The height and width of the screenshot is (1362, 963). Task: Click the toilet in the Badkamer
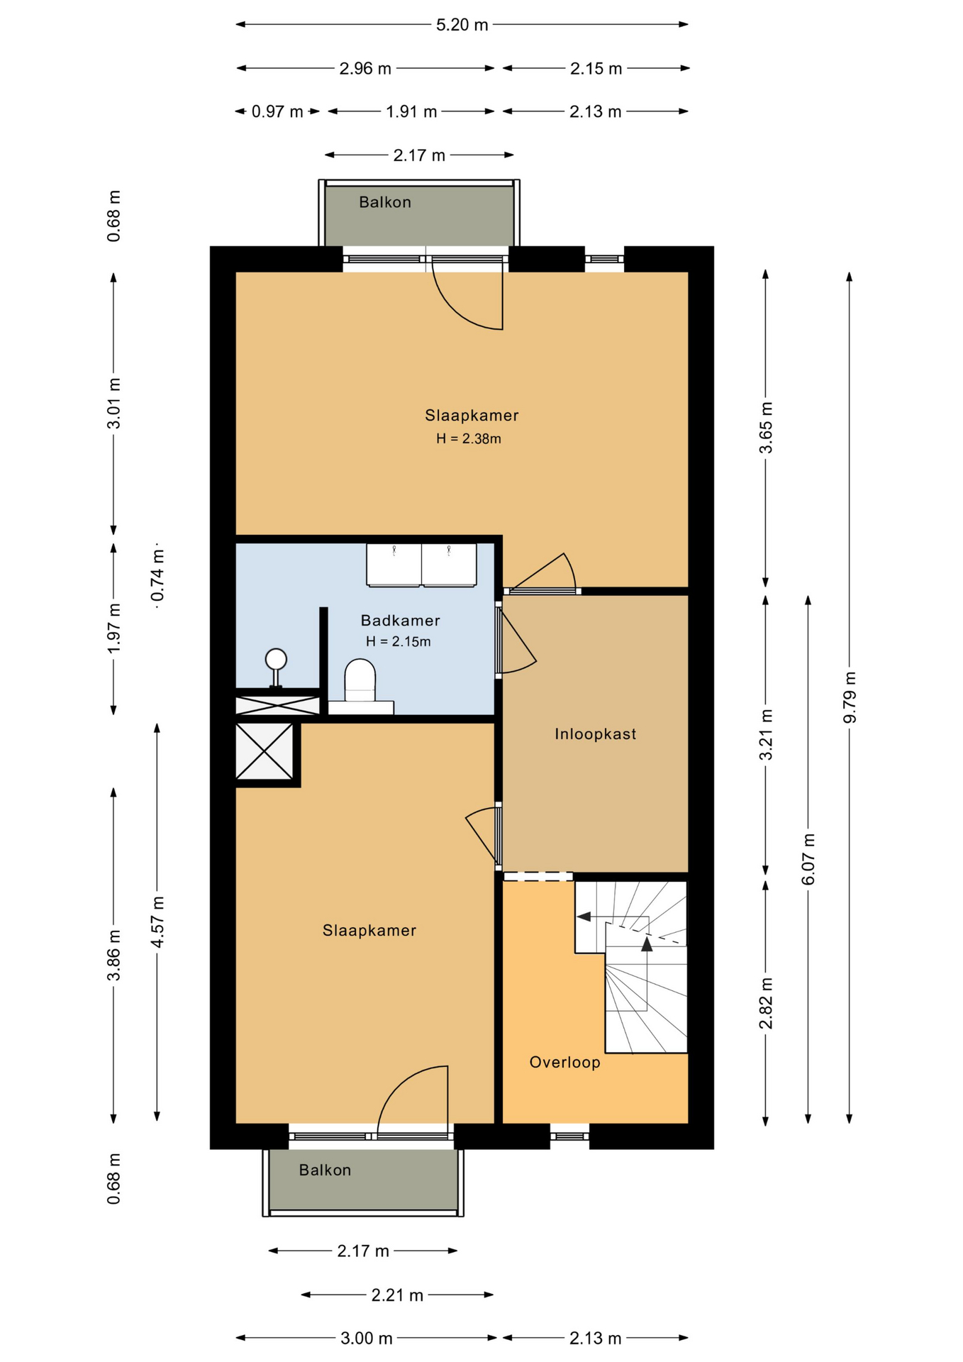(360, 682)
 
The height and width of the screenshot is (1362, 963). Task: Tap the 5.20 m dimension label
(462, 25)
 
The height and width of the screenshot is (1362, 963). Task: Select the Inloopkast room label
(595, 734)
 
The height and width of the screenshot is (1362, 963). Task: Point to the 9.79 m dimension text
(850, 697)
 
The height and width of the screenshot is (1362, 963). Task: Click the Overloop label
(564, 1062)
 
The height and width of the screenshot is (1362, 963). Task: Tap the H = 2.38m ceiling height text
(468, 438)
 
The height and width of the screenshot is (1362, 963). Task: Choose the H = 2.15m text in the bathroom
(398, 641)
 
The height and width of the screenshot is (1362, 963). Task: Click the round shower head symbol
(276, 660)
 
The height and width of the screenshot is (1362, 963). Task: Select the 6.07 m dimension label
(808, 860)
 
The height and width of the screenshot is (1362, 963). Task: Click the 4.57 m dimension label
(157, 921)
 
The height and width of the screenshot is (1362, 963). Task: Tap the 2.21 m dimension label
(397, 1295)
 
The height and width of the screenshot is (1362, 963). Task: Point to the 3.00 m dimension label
(366, 1339)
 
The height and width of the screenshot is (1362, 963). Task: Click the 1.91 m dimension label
(411, 111)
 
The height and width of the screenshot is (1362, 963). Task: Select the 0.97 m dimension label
(277, 111)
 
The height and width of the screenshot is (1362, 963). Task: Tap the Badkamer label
(400, 621)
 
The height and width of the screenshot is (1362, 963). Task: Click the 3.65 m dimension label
(766, 428)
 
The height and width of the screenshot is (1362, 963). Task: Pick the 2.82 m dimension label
(766, 1003)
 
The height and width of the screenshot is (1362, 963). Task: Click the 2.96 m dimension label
(365, 69)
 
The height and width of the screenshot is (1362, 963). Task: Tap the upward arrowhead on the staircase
(647, 943)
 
